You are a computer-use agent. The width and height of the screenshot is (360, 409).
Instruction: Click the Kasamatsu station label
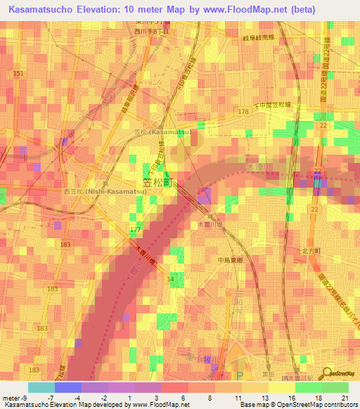pyautogui.click(x=159, y=131)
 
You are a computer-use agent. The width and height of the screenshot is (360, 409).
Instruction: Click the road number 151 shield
pyautogui.click(x=18, y=74)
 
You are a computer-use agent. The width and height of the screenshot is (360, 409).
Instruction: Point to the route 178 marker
pyautogui.click(x=243, y=112)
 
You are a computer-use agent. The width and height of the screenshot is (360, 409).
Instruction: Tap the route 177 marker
pyautogui.click(x=135, y=229)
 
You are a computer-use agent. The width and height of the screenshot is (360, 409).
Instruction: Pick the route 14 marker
pyautogui.click(x=170, y=280)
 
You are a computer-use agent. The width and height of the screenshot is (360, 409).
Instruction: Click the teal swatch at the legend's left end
pyautogui.click(x=41, y=387)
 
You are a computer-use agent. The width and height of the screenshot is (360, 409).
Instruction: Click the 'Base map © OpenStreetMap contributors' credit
pyautogui.click(x=298, y=405)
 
